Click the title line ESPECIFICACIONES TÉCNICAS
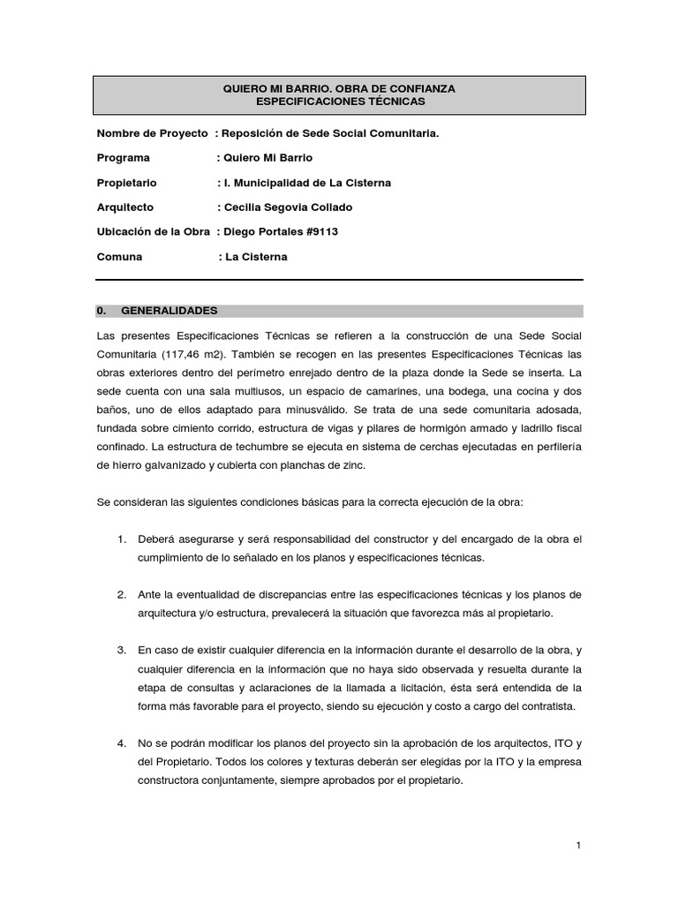point(340,102)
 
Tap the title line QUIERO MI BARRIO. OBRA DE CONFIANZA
point(340,89)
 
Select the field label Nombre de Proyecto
point(152,133)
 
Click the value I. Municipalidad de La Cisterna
point(308,183)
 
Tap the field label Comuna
point(119,257)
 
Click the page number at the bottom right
point(578,846)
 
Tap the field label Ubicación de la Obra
point(153,232)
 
